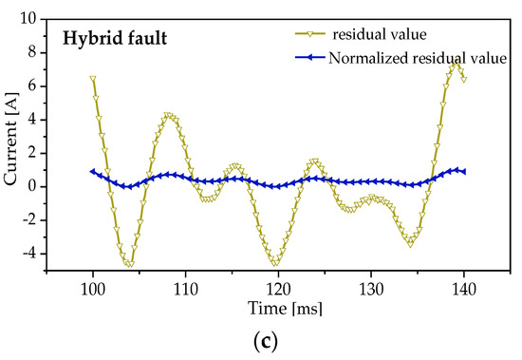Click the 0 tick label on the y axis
point(32,187)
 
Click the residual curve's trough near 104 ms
point(129,263)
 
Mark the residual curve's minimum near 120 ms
point(276,262)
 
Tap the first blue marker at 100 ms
point(93,172)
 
